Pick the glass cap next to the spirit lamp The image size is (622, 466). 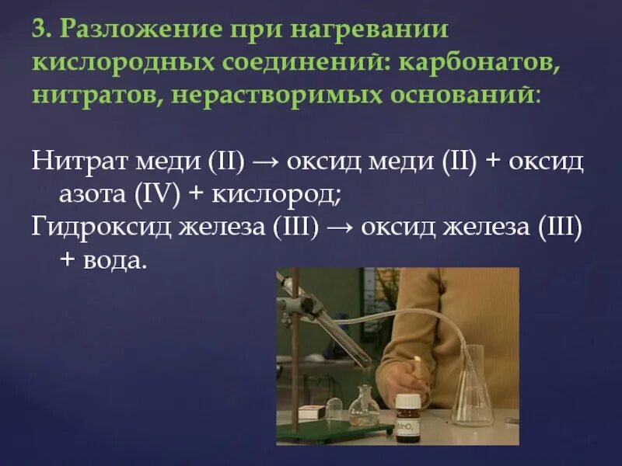[x=334, y=409]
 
